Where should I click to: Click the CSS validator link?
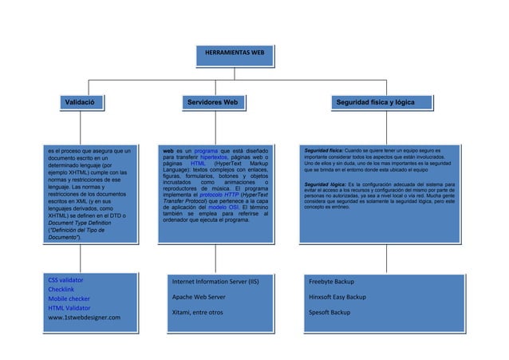65,280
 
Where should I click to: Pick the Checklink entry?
61,290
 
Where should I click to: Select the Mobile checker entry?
69,299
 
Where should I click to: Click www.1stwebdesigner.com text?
84,318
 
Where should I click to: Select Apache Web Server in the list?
199,297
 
